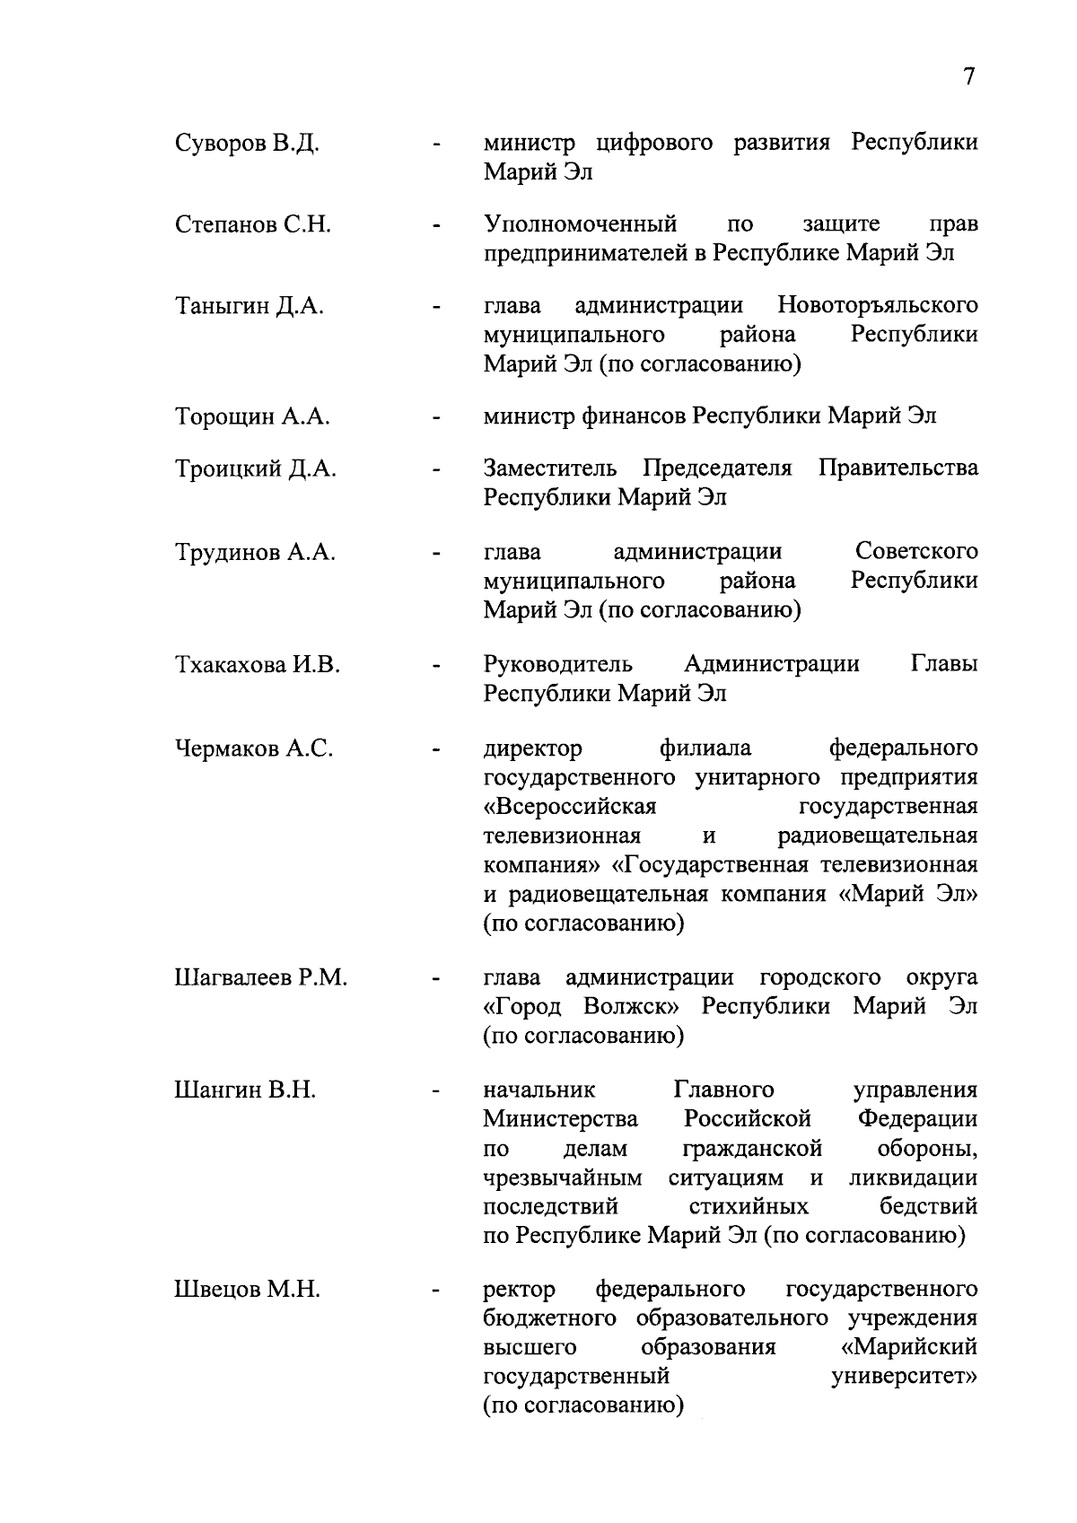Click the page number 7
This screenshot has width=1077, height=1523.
968,77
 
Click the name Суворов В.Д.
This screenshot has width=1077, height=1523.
247,144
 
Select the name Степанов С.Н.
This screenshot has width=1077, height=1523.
253,224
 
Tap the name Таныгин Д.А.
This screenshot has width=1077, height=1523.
250,307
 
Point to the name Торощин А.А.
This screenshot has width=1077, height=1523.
252,417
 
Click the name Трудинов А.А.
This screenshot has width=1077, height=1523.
255,553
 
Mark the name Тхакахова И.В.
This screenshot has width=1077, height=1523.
257,666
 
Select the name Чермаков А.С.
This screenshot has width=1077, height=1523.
254,748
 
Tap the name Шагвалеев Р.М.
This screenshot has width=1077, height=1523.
260,978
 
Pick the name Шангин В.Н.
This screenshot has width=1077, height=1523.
245,1091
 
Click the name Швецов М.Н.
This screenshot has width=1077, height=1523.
247,1291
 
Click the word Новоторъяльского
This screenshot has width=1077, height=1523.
877,306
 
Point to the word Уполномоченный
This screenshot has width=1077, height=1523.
580,223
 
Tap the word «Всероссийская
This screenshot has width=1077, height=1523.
570,807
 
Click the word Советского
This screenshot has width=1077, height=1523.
916,551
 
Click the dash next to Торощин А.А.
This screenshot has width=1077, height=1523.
436,418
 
